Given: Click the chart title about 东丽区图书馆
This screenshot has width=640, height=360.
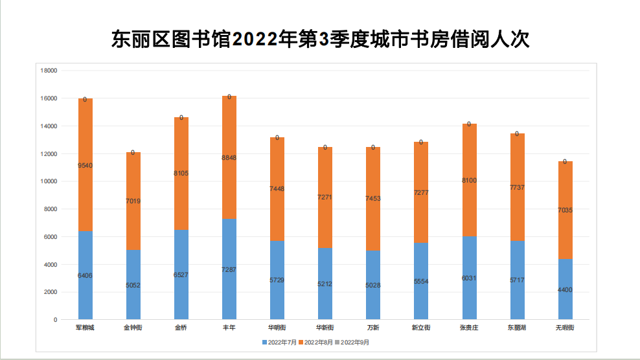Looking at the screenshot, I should coord(320,39).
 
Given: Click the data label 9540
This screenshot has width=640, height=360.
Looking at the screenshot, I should coord(85,166).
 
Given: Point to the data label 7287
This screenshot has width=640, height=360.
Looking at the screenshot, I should coord(229,269).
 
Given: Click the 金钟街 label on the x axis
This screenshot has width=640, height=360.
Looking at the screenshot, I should coord(133,328).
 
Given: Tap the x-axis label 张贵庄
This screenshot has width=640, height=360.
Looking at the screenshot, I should coord(469,328).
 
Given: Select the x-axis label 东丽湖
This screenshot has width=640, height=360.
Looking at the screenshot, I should coord(517,328).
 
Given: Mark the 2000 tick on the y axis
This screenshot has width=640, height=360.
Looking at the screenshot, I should coord(51,292).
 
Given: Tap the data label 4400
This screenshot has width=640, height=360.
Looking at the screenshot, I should coord(565,289).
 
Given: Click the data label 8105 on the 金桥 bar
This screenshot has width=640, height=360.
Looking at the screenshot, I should coord(181,174).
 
